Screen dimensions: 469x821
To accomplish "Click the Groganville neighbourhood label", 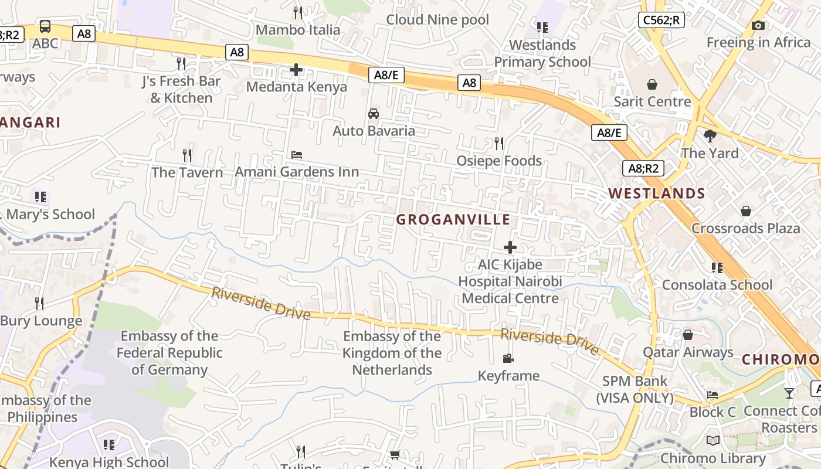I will [453, 220].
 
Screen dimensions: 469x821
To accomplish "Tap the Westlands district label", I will [656, 193].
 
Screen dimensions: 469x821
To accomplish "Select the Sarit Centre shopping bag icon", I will [652, 84].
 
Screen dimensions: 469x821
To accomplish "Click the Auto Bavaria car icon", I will [374, 114].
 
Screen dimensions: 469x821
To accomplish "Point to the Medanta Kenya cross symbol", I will [296, 70].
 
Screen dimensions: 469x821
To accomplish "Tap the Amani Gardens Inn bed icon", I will [297, 155].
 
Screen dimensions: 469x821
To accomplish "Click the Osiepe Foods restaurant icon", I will [499, 143].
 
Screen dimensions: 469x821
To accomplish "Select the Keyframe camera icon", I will [508, 358].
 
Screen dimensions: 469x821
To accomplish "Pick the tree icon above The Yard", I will [710, 136].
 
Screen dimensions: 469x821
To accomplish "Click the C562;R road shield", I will [661, 20].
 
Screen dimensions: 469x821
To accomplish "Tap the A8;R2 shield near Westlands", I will [643, 169].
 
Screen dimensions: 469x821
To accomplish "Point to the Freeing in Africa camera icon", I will [758, 25].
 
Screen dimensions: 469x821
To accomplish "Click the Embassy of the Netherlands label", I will [392, 353].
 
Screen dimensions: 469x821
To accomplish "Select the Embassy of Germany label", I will [169, 353].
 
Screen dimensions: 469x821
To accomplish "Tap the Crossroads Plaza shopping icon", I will [745, 211].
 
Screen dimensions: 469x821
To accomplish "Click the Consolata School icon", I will [717, 268].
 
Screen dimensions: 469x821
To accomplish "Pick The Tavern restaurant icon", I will [187, 155].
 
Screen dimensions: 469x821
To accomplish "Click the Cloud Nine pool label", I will [437, 20].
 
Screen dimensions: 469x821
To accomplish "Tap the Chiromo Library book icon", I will [713, 440].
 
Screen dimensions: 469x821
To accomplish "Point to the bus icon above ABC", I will [45, 26].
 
